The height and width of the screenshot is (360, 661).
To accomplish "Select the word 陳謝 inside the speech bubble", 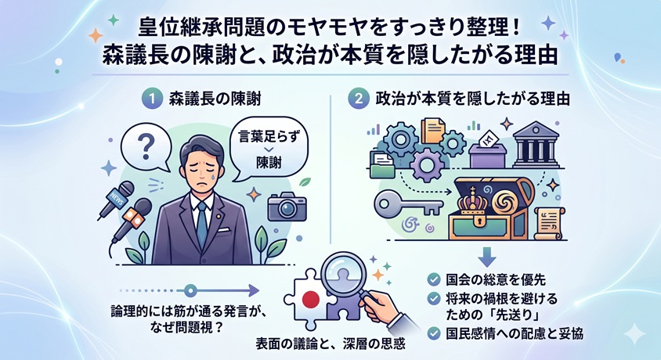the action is pyautogui.click(x=269, y=163).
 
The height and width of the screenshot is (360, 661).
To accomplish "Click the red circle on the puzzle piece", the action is pyautogui.click(x=311, y=300).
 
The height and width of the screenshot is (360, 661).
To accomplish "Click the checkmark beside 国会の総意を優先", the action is pyautogui.click(x=433, y=279).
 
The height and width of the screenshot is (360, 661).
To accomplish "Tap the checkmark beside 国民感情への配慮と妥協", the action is pyautogui.click(x=433, y=333).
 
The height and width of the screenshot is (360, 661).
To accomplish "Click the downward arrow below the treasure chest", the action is pyautogui.click(x=487, y=256).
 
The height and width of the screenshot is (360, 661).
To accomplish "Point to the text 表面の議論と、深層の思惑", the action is pyautogui.click(x=330, y=344).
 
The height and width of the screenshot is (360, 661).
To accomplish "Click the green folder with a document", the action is pyautogui.click(x=382, y=164).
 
